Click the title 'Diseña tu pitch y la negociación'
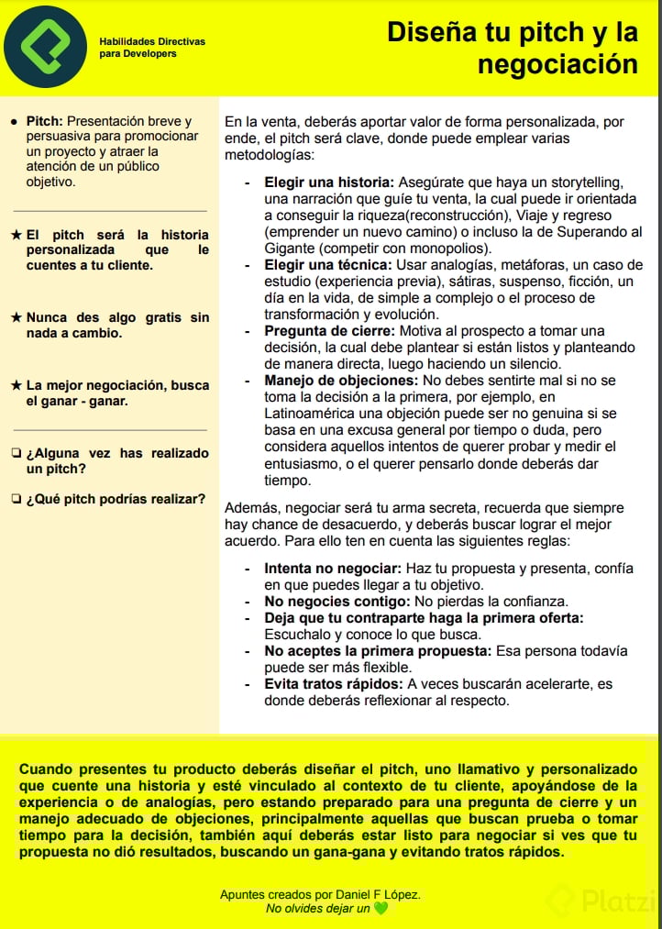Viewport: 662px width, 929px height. pos(512,48)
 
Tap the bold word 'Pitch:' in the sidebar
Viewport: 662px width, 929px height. pos(44,121)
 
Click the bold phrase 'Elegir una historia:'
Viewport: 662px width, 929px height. pos(329,182)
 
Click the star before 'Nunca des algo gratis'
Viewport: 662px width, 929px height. pos(17,318)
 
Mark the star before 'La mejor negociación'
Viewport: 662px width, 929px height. pos(17,386)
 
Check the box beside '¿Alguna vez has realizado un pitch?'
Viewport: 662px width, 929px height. pos(17,453)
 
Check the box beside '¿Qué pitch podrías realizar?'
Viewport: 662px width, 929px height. pos(17,499)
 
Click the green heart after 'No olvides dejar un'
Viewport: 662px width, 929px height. pos(381,909)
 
